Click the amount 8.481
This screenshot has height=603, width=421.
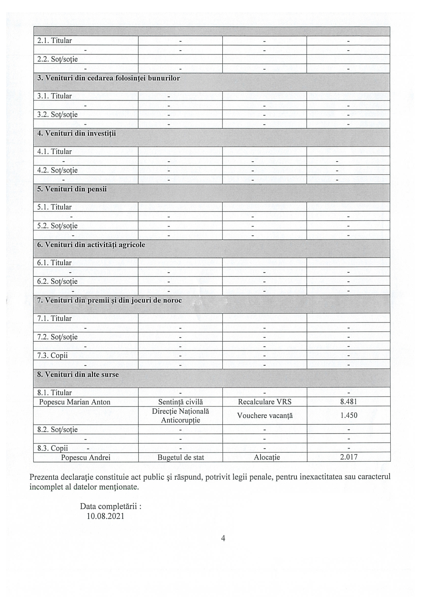(x=348, y=402)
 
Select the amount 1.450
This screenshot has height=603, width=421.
(x=348, y=415)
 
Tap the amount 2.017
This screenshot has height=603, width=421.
(x=348, y=457)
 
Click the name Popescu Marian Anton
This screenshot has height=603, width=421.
(x=75, y=402)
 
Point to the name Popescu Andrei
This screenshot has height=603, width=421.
(x=85, y=457)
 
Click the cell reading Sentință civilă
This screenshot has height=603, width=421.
(x=180, y=402)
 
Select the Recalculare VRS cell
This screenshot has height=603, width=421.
(x=265, y=402)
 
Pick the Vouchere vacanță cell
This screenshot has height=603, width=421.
(x=265, y=416)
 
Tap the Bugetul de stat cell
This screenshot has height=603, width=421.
(x=180, y=457)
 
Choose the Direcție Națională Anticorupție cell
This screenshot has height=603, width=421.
(x=180, y=416)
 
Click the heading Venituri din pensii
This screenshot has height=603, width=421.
(x=72, y=189)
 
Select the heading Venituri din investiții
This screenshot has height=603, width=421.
(x=76, y=133)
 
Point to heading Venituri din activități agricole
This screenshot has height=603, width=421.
(x=91, y=245)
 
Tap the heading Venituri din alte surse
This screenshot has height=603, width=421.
(x=78, y=374)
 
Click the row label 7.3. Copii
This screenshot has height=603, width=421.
(x=52, y=355)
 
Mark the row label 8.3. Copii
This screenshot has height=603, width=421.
(x=52, y=448)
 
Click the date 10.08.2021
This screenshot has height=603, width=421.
(x=106, y=516)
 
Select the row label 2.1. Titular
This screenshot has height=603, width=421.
(x=54, y=40)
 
